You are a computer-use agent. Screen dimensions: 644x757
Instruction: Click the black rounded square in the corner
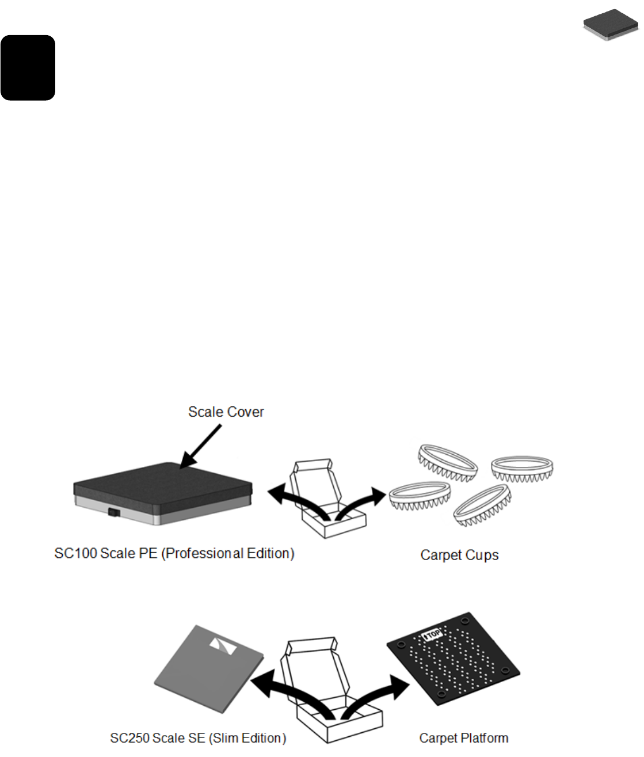[x=28, y=67]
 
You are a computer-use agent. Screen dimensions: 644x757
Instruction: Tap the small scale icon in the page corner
[x=611, y=25]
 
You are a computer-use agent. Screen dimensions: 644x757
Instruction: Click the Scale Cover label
[x=226, y=412]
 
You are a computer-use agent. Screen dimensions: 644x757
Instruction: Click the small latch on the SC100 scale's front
[x=113, y=511]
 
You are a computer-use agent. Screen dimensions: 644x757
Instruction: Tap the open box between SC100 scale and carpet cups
[x=326, y=501]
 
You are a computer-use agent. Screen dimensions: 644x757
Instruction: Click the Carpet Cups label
[x=459, y=556]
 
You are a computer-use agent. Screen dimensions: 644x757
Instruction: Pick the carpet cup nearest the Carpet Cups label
[x=482, y=506]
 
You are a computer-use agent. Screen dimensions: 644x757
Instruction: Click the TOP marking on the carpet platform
[x=432, y=635]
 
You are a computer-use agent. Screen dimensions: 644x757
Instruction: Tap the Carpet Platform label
[x=463, y=739]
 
